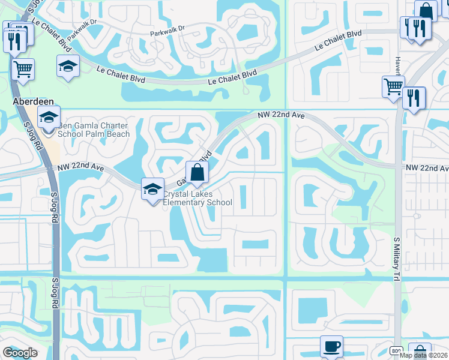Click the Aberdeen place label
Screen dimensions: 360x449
tap(31, 103)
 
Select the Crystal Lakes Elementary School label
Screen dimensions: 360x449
tap(197, 198)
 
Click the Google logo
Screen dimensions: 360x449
tap(20, 353)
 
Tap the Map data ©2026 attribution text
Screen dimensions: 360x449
tap(424, 355)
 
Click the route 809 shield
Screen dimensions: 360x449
tap(396, 350)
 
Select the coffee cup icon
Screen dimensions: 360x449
tap(331, 347)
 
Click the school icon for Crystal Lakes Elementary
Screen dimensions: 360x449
tap(153, 189)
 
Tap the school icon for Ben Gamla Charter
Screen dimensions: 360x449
tap(49, 117)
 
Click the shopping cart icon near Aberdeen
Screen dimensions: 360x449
tap(23, 68)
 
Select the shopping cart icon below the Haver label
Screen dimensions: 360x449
tap(393, 86)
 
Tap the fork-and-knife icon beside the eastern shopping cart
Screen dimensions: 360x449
tap(414, 98)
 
